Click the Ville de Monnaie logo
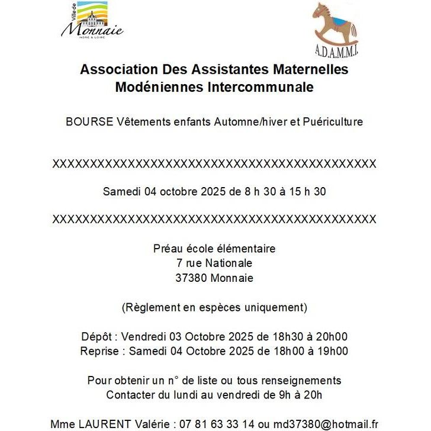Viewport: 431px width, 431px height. point(92,20)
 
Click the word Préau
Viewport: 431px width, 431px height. point(169,249)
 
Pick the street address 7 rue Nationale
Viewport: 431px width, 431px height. point(214,263)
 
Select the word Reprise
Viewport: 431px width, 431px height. point(99,351)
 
